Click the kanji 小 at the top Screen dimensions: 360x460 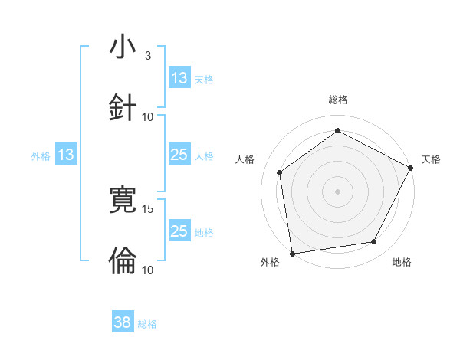tap(123, 47)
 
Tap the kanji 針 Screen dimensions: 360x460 tap(123, 107)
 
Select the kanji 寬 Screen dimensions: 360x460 tap(123, 201)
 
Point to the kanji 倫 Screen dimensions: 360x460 tap(123, 260)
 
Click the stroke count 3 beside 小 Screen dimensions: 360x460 tap(148, 56)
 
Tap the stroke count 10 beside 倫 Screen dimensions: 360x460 tap(148, 270)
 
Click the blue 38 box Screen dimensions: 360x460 tap(123, 323)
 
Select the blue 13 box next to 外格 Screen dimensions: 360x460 tap(66, 155)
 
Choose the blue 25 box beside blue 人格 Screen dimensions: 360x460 tap(179, 155)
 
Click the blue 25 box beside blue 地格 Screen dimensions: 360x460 tap(179, 231)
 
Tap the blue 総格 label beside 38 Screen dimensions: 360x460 tap(147, 324)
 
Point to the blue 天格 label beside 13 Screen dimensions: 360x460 tap(204, 79)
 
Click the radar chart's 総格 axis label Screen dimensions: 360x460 tap(338, 100)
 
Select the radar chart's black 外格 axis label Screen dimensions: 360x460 tap(270, 262)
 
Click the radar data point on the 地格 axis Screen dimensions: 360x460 tap(374, 242)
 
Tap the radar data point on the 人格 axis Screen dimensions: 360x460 tap(280, 172)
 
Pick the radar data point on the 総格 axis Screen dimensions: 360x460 tap(338, 130)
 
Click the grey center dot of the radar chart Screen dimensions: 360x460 tap(338, 191)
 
